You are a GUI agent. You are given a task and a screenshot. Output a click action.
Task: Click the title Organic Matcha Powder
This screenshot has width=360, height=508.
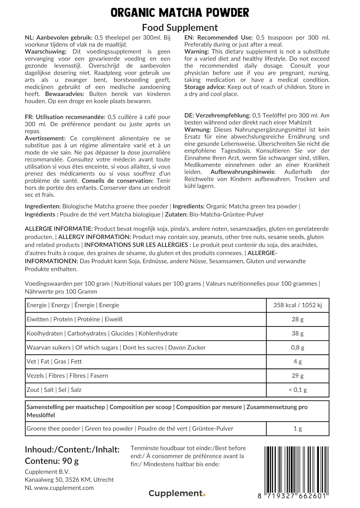click(180, 13)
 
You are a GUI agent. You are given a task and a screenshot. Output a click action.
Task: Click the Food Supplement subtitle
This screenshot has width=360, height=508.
click(180, 27)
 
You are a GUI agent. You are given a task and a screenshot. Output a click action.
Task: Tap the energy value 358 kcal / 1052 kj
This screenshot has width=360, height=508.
click(297, 305)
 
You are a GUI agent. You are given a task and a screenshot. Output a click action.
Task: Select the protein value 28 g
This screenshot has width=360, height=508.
click(297, 319)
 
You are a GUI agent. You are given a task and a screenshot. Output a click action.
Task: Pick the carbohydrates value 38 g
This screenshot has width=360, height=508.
click(297, 334)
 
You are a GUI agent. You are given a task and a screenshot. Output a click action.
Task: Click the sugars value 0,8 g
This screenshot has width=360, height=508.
click(297, 347)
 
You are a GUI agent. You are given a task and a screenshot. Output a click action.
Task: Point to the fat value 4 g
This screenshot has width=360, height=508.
click(297, 362)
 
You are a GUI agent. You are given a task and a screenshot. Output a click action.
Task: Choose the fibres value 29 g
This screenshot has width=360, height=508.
click(297, 376)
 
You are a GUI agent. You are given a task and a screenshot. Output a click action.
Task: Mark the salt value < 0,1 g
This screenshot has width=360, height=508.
click(297, 390)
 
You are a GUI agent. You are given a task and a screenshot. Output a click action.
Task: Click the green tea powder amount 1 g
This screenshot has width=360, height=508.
click(297, 429)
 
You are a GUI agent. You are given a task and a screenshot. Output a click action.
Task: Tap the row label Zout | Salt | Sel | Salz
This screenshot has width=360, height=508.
click(54, 390)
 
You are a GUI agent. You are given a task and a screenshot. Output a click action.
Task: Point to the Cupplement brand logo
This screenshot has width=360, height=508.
click(177, 493)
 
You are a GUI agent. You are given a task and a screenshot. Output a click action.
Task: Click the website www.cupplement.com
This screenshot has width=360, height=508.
click(64, 488)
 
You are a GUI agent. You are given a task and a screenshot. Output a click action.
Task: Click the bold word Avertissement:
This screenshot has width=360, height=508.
click(45, 139)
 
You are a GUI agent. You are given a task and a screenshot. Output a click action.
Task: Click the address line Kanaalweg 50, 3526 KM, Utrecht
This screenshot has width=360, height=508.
click(69, 480)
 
